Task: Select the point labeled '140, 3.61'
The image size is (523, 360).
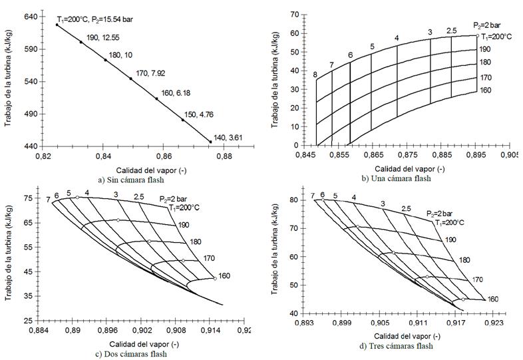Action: (x=210, y=142)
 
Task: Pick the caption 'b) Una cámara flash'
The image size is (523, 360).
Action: (x=395, y=178)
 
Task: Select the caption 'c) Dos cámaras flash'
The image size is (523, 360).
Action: (x=130, y=353)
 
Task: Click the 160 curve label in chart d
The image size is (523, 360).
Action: (x=493, y=299)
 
